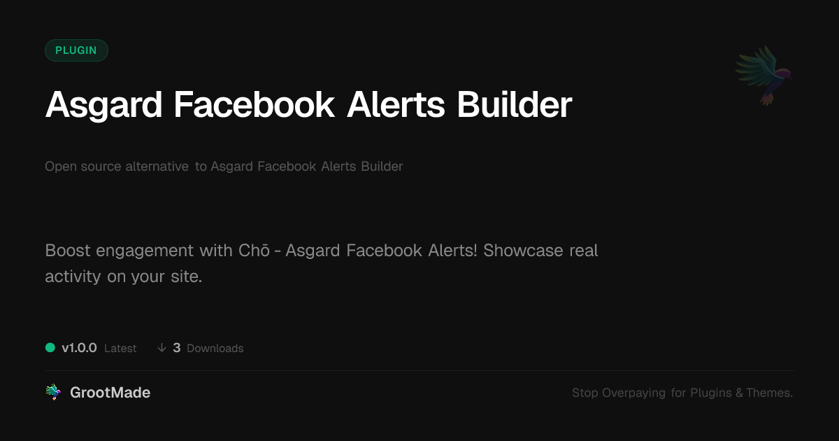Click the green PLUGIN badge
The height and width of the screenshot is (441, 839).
pos(76,50)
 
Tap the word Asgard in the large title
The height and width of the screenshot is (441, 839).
pos(103,106)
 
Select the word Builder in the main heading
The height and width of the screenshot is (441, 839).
pos(515,104)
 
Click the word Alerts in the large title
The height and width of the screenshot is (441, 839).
pos(396,104)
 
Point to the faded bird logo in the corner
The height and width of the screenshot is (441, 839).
pos(763,76)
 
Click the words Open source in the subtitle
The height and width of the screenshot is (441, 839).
pos(83,167)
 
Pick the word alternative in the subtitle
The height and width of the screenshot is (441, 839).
pos(157,166)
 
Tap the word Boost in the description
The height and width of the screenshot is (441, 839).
pos(67,250)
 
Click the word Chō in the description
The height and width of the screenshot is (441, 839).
pos(254,250)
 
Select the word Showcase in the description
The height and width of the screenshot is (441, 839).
pos(523,250)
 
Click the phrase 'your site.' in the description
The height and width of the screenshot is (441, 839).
pos(166,276)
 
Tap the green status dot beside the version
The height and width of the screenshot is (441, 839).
pos(50,348)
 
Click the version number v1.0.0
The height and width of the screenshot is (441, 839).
pos(79,348)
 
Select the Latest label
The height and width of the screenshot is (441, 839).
pos(120,349)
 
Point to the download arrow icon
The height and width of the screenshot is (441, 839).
pos(162,348)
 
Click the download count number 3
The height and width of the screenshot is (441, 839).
pos(177,348)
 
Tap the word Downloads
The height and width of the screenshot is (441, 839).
pos(215,349)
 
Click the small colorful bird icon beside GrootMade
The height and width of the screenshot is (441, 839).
pos(53,392)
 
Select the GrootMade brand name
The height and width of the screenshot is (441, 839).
pos(110,393)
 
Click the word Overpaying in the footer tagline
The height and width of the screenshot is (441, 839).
pos(633,393)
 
